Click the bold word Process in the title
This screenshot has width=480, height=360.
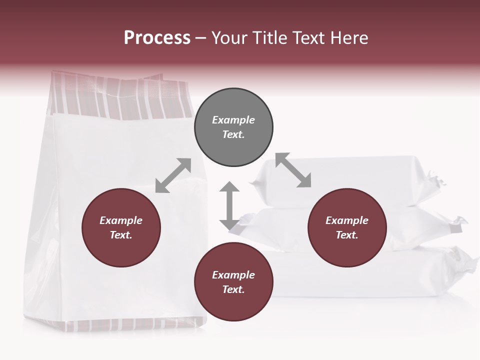coord(157,37)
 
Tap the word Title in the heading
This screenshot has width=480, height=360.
coord(269,38)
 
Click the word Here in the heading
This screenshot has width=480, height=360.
coord(348,38)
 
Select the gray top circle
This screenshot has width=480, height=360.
coord(233,127)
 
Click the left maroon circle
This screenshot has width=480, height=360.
coord(121,228)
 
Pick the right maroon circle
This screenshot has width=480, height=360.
coord(347,228)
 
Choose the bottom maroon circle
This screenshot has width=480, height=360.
coord(233,282)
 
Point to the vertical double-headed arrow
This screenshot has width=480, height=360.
coord(229,205)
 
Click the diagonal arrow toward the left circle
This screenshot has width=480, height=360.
coord(173,175)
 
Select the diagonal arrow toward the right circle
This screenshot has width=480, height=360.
coord(293,170)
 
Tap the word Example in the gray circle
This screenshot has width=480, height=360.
coord(233,120)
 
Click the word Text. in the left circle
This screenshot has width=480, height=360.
coord(121,235)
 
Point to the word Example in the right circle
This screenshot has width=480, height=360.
coord(347,220)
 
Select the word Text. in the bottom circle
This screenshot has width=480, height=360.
coord(233,289)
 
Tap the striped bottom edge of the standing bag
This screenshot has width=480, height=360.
coord(132,325)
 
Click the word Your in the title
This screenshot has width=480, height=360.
coord(230,38)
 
